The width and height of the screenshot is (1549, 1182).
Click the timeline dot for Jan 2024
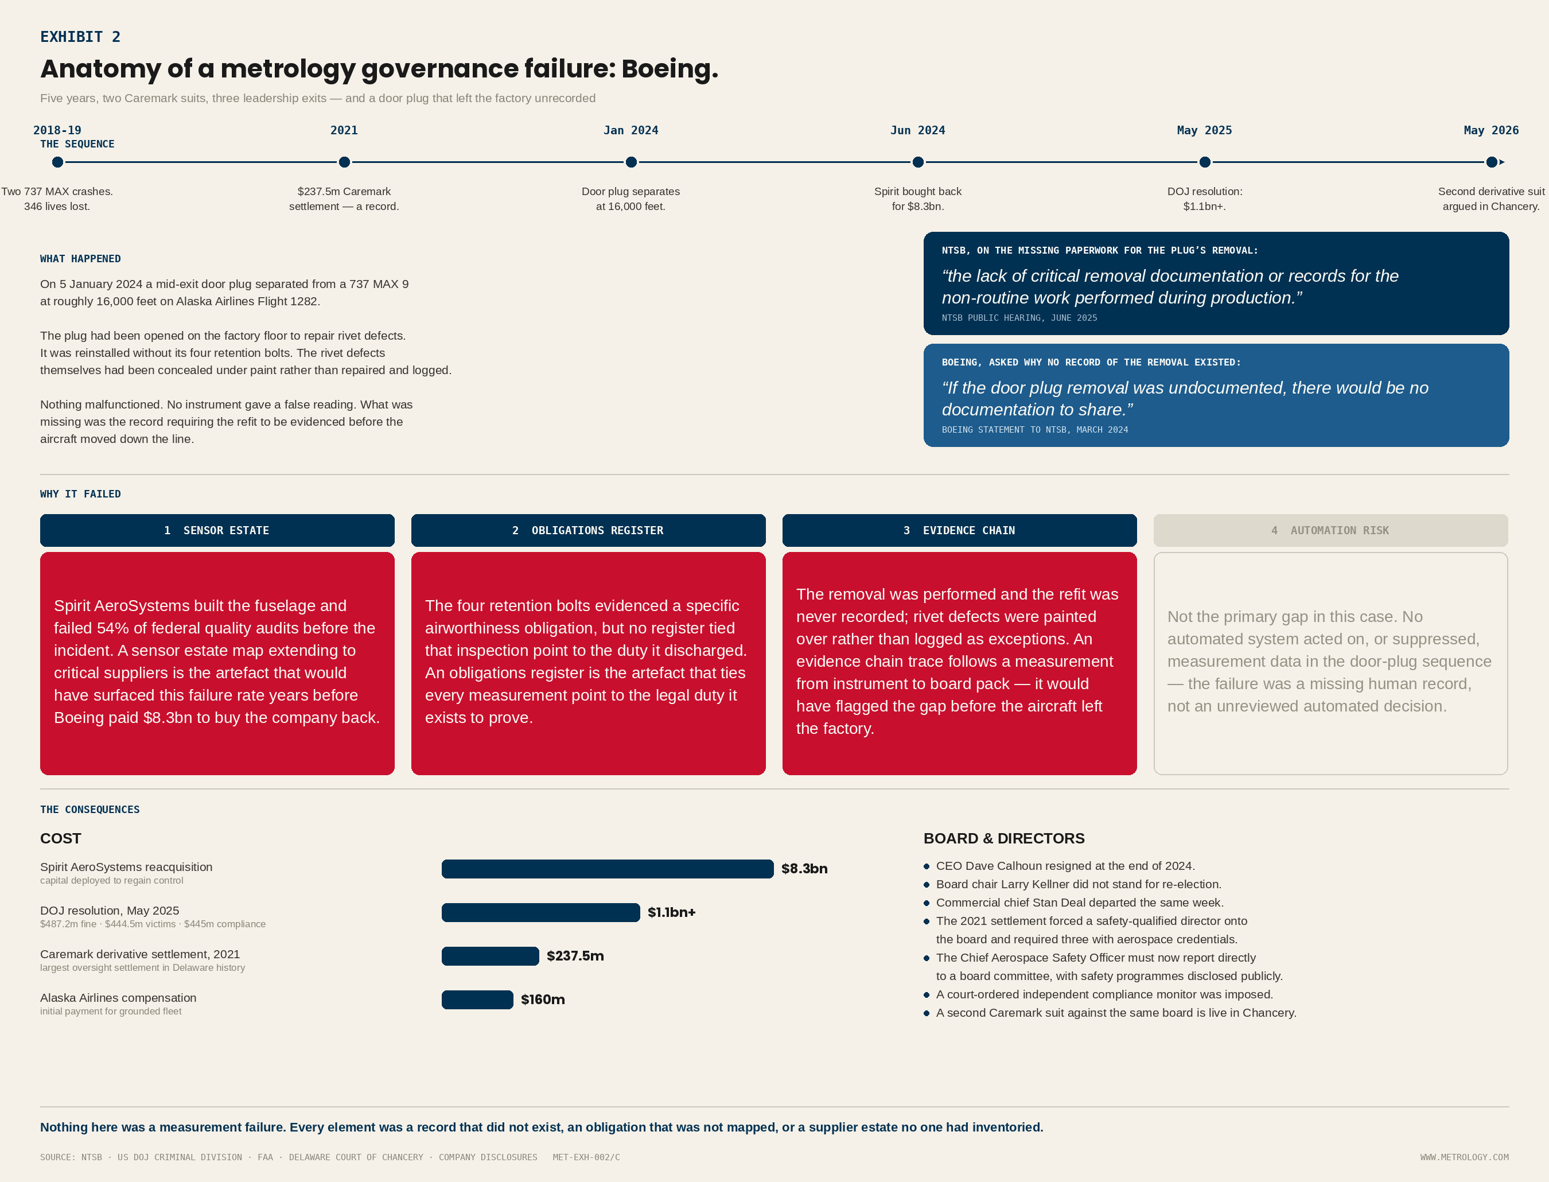631,162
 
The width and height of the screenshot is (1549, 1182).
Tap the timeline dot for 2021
344,162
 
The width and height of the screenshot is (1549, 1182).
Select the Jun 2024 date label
917,130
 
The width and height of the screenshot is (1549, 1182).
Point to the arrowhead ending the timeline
1502,162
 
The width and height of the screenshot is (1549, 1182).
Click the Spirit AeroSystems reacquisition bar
607,869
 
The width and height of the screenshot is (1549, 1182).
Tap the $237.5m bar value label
575,956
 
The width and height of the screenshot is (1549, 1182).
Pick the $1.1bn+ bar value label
671,912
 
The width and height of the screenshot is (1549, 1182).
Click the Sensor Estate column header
217,531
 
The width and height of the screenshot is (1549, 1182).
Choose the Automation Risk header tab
1330,531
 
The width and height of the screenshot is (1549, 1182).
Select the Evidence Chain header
959,531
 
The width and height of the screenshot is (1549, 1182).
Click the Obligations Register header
588,531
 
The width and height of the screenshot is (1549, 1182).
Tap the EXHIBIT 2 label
80,37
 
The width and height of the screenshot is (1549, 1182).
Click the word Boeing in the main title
670,69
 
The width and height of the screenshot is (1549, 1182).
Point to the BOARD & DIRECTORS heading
1004,839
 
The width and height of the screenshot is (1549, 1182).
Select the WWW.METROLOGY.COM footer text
1464,1157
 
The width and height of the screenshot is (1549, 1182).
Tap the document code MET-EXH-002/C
586,1157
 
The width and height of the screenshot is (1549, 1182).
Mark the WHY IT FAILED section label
80,494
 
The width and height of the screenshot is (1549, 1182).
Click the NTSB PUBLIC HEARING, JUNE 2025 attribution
1019,318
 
